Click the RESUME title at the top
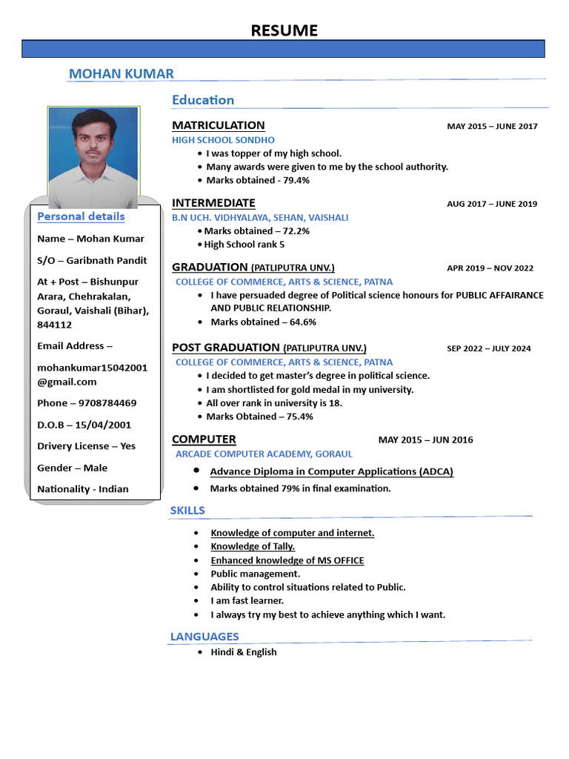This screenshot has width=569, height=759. [284, 30]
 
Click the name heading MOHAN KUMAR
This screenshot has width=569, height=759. [122, 73]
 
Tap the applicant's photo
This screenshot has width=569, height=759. [93, 157]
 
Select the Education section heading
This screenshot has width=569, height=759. [203, 99]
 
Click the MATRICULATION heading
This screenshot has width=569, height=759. [218, 125]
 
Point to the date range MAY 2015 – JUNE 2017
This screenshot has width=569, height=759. [492, 126]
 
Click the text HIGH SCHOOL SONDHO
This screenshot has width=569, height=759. [223, 139]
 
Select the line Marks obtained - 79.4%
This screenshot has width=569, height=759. [258, 180]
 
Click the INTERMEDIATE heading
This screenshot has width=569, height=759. [213, 203]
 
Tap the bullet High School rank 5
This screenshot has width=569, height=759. [244, 244]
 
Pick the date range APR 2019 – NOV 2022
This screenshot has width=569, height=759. [490, 268]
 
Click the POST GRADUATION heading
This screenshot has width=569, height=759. [226, 348]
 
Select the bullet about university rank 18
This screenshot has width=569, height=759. [273, 402]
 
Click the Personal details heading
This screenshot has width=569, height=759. [81, 216]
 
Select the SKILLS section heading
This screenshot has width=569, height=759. [187, 510]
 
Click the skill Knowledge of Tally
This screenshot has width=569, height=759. [253, 546]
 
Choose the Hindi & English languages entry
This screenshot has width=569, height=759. [243, 652]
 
